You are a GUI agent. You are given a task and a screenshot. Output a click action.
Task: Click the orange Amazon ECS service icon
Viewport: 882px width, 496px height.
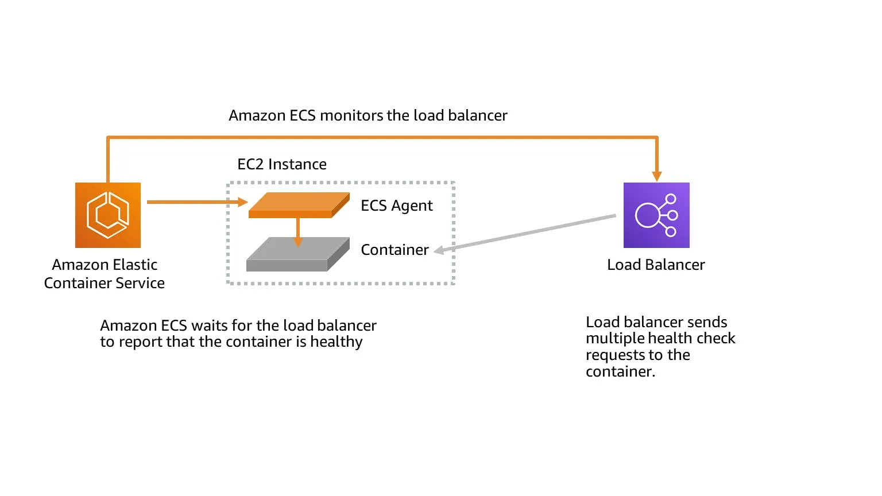pyautogui.click(x=108, y=215)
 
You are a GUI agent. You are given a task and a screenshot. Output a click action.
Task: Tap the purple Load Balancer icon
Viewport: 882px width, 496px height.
pyautogui.click(x=656, y=215)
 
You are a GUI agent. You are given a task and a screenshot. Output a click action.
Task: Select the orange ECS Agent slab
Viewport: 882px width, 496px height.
pyautogui.click(x=299, y=205)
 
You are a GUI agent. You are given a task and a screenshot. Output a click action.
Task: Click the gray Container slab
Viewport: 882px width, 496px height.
pyautogui.click(x=298, y=254)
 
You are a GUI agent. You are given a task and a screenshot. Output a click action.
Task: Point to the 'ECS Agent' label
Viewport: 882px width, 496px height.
pyautogui.click(x=397, y=206)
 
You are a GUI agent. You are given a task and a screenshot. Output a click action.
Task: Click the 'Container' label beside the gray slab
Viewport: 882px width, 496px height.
pyautogui.click(x=394, y=250)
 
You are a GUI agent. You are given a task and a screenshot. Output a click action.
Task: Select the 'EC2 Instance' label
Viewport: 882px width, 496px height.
pyautogui.click(x=282, y=164)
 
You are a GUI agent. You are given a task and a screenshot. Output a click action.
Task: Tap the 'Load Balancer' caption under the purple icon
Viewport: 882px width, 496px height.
pyautogui.click(x=656, y=265)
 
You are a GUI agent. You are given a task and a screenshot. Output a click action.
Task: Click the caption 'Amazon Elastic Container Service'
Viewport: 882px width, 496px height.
pyautogui.click(x=105, y=274)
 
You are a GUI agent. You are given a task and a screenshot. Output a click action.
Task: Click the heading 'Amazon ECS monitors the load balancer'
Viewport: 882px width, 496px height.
pyautogui.click(x=367, y=115)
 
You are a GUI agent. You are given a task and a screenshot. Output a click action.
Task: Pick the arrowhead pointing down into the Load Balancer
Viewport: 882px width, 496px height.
pyautogui.click(x=657, y=176)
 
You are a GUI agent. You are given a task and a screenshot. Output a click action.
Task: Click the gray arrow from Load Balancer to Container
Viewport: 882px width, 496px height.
pyautogui.click(x=525, y=233)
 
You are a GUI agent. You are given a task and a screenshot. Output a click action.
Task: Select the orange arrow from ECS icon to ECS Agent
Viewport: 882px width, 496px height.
pyautogui.click(x=198, y=202)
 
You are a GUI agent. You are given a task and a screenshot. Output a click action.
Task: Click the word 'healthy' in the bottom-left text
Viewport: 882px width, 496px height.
pyautogui.click(x=336, y=342)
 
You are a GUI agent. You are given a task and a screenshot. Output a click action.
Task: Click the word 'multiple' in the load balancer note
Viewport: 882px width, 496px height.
pyautogui.click(x=614, y=339)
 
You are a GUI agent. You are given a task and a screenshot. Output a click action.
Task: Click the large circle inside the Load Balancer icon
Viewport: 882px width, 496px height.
pyautogui.click(x=647, y=215)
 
